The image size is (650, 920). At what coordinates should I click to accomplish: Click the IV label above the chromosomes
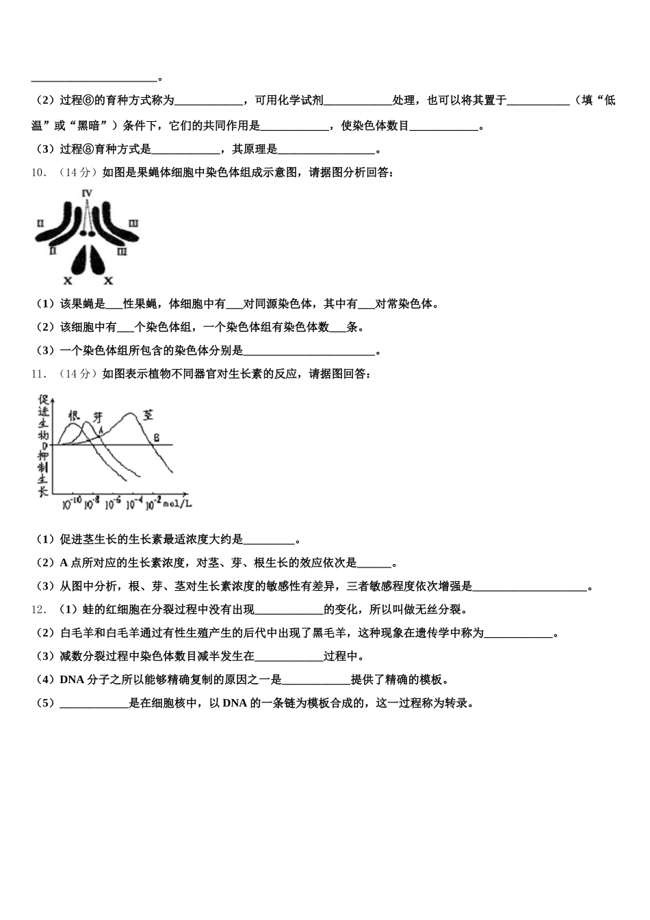[87, 194]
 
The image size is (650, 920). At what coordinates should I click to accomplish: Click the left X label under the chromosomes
[67, 281]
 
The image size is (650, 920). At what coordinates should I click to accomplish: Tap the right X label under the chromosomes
[108, 281]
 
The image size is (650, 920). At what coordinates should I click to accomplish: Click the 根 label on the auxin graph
[74, 416]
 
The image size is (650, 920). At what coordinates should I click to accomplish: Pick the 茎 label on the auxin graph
[148, 414]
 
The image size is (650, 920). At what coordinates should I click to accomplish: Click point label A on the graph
[101, 430]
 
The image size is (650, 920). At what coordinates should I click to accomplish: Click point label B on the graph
[156, 437]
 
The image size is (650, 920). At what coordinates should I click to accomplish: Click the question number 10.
[38, 172]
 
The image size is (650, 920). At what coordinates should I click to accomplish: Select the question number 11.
[38, 374]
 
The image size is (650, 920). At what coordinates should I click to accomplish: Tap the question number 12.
[38, 609]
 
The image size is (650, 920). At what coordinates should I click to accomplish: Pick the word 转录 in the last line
[454, 703]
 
